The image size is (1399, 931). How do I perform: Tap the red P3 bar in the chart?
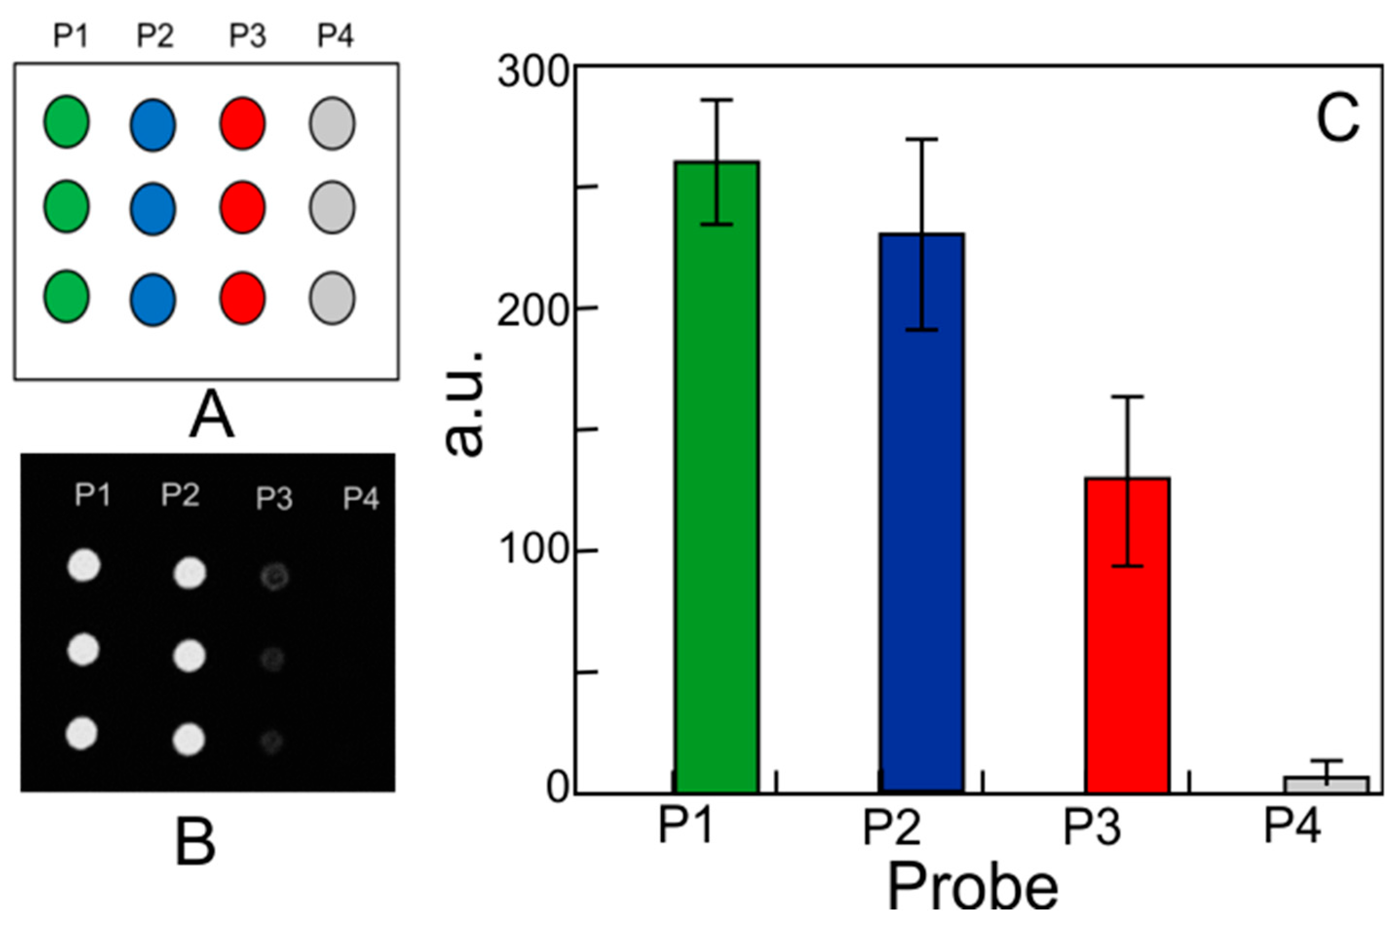pyautogui.click(x=1127, y=635)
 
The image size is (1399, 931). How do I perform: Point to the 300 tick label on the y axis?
pyautogui.click(x=533, y=74)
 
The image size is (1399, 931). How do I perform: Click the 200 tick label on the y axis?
pyautogui.click(x=533, y=309)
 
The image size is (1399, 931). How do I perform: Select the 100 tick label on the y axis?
pyautogui.click(x=533, y=551)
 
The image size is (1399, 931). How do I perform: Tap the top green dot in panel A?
pyautogui.click(x=66, y=122)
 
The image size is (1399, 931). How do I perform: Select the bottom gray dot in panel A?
pyautogui.click(x=332, y=298)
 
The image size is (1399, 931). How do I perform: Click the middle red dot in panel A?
pyautogui.click(x=242, y=207)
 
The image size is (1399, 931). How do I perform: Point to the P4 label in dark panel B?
pyautogui.click(x=361, y=498)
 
